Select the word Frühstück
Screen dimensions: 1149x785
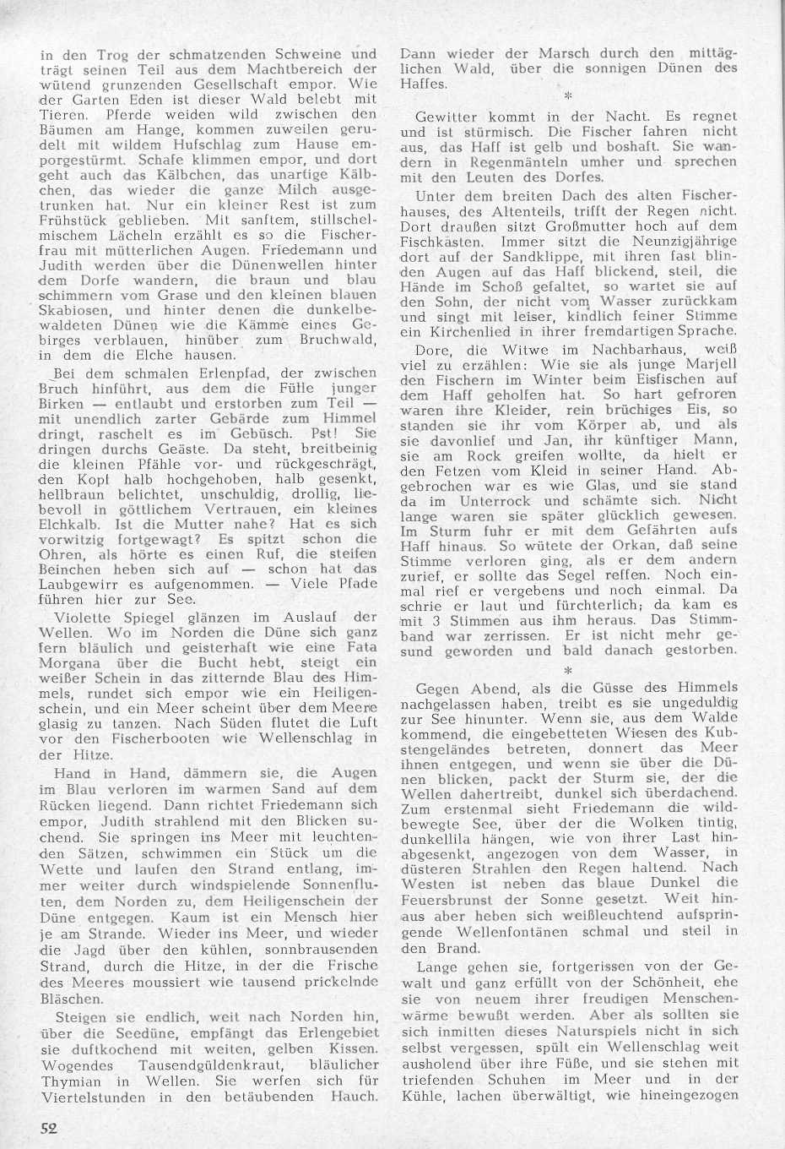tap(81, 221)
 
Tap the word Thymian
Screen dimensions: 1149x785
tap(71, 1081)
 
